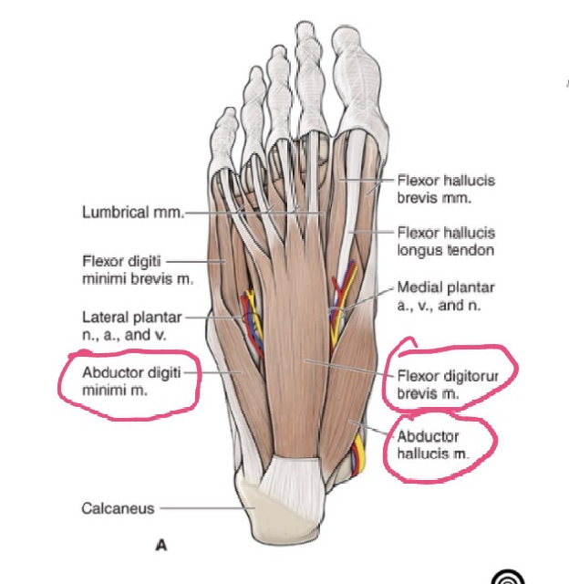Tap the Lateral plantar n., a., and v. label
pyautogui.click(x=129, y=326)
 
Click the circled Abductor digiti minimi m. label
pyautogui.click(x=128, y=381)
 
